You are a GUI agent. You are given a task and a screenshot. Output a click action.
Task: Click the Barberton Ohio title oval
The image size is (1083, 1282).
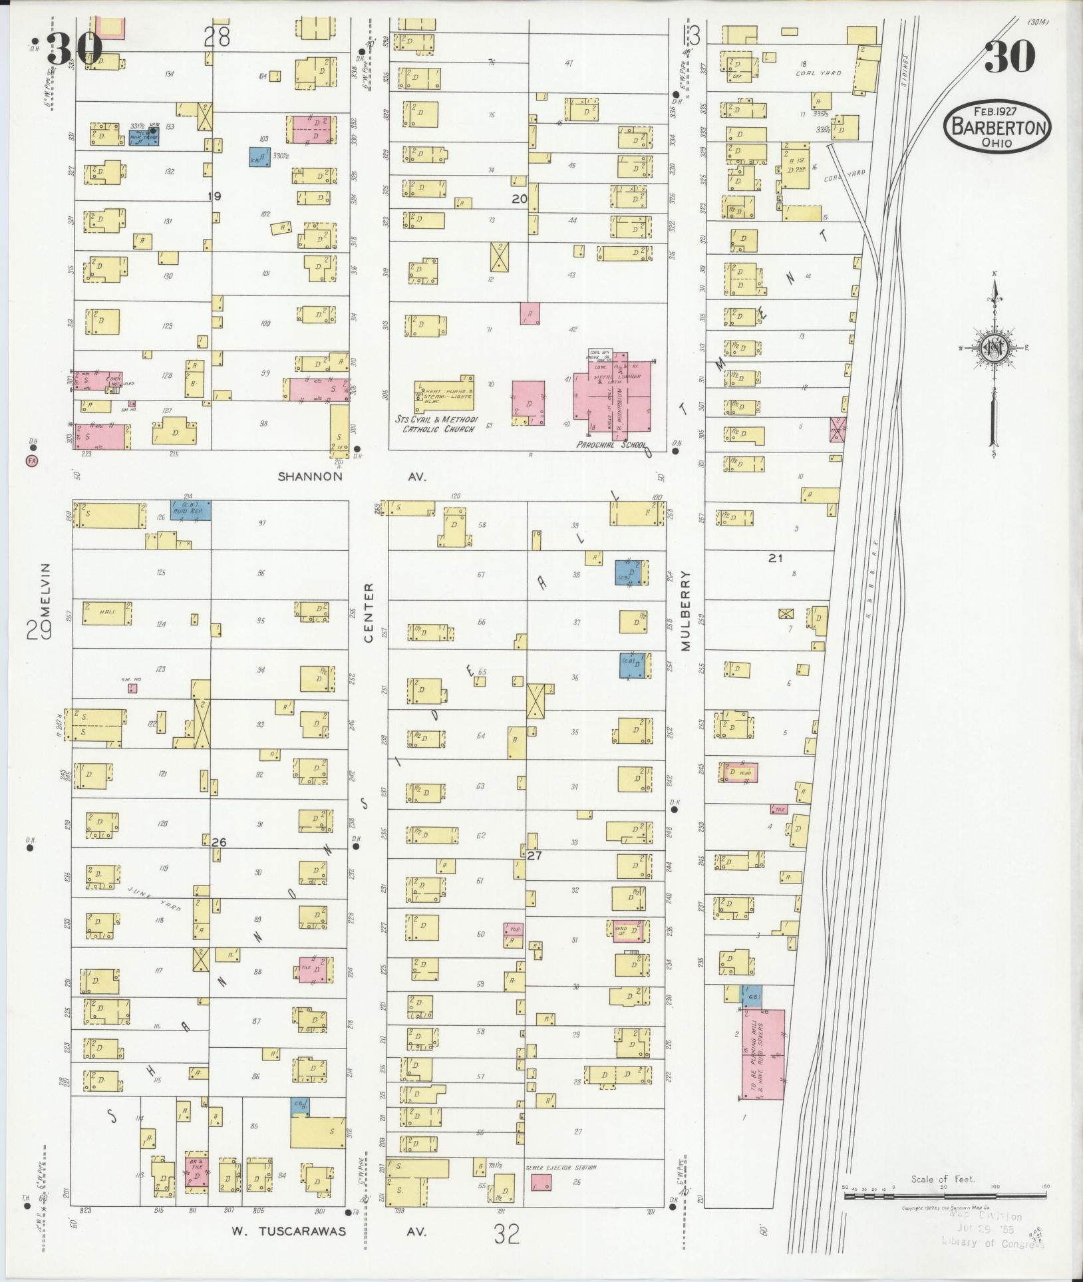click(x=996, y=126)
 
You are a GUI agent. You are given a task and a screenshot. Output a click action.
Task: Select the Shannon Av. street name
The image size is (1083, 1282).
click(x=310, y=476)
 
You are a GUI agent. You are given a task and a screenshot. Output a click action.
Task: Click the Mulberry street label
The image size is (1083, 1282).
click(x=686, y=610)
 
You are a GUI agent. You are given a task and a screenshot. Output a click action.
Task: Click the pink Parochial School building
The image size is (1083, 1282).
click(x=612, y=393)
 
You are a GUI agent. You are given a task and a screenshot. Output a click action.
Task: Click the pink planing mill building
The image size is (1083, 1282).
click(x=763, y=1054)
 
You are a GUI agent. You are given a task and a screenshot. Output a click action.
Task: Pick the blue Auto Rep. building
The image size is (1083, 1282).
click(x=191, y=510)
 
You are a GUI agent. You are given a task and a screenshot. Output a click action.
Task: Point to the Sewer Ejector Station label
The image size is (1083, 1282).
click(x=561, y=1167)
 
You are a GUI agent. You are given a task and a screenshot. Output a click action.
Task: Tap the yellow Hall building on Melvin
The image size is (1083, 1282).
click(x=106, y=613)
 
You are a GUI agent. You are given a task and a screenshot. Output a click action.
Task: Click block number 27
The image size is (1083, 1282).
click(x=534, y=856)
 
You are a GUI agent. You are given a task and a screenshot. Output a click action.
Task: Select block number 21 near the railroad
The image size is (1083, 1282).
click(x=775, y=558)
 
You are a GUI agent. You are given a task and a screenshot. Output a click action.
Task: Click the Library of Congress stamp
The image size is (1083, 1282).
click(x=991, y=1242)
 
